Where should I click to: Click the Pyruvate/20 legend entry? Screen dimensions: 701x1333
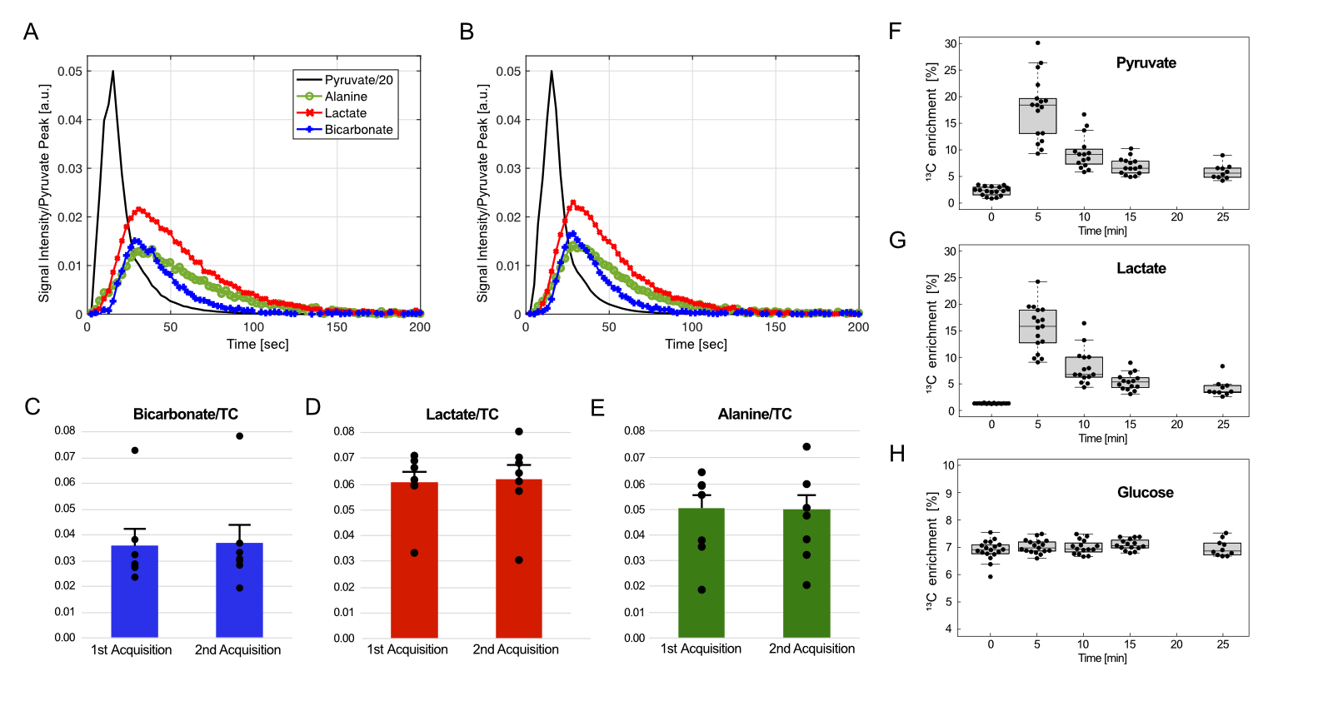358,80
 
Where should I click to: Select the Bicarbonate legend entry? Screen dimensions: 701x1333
358,130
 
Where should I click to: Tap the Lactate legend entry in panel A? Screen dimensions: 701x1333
345,113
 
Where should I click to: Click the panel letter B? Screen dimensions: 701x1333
467,32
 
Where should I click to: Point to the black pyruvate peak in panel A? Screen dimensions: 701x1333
112,72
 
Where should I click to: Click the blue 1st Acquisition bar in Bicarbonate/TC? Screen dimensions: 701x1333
134,591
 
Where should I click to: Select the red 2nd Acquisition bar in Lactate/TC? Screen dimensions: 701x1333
518,558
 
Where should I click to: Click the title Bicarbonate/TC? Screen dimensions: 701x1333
185,414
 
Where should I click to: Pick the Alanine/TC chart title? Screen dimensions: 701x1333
754,414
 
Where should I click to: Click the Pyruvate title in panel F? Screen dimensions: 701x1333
1146,63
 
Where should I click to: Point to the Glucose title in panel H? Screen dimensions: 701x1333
1145,493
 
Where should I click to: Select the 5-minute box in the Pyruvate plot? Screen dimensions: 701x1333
1037,116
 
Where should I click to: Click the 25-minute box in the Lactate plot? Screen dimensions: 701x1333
1222,389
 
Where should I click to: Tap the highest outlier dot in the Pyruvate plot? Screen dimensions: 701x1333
1037,42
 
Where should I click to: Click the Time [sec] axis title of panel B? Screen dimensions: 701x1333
696,344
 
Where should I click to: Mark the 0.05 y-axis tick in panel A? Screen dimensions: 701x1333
70,72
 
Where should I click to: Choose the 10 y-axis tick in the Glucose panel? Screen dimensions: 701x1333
948,465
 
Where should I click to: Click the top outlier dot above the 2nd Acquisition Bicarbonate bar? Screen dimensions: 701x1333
239,435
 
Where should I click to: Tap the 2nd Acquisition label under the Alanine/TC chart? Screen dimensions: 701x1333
811,649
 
